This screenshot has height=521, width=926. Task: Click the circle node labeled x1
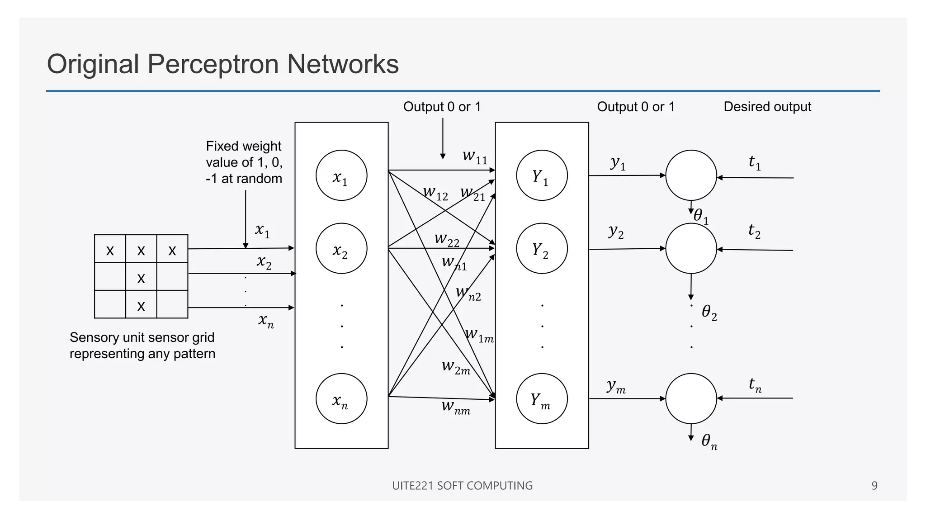pos(341,175)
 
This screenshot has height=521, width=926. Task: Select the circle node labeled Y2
pos(542,248)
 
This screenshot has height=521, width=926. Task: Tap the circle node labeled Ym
pos(542,398)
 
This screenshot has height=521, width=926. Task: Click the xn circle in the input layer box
pos(341,398)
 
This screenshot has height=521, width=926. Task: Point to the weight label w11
pos(475,157)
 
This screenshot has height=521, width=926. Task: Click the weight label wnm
pos(456,407)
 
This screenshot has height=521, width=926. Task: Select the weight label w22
pos(447,240)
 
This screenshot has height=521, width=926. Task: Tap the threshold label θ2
pos(709,312)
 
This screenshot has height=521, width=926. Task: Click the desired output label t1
pos(755,162)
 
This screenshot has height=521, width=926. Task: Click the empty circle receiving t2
pos(691,248)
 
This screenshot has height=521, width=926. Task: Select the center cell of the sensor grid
pos(141,277)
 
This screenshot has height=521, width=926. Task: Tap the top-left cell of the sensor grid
pos(110,249)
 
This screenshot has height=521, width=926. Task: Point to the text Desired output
pos(767,107)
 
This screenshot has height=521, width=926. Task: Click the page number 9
pos(874,486)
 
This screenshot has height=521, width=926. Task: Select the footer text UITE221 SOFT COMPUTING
pos(462,486)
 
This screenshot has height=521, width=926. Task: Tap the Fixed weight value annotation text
pos(244,162)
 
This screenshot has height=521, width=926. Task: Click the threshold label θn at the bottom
pos(709,441)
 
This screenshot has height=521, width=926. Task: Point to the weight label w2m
pos(456,367)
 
